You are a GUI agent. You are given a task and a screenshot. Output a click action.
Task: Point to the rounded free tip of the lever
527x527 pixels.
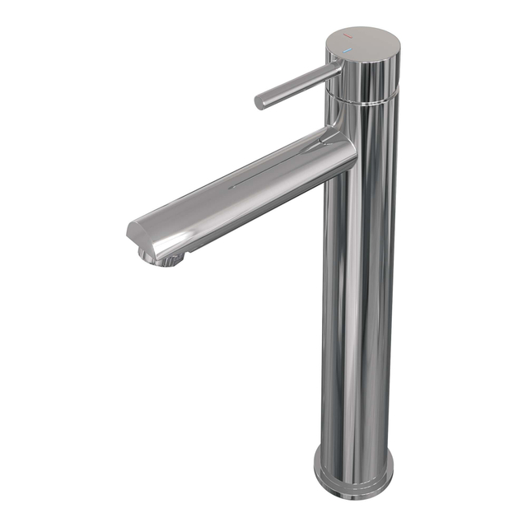[x=259, y=102]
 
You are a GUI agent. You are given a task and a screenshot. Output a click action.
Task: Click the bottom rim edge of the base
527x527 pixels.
[x=354, y=492]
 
